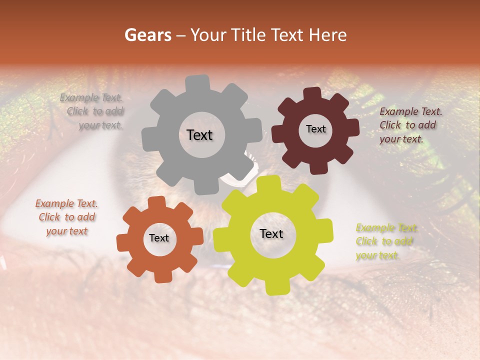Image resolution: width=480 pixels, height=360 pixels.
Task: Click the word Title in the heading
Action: [247, 35]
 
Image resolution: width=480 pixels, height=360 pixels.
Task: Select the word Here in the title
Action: [328, 35]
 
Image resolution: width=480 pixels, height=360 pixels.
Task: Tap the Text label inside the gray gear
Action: [199, 135]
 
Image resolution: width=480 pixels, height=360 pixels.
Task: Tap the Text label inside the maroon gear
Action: [315, 129]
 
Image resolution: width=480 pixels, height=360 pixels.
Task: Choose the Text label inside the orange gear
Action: [159, 238]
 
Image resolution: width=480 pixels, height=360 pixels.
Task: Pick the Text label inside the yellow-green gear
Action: [271, 233]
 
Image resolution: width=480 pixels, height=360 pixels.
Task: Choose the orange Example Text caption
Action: [66, 217]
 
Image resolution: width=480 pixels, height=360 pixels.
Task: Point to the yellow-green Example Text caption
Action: [386, 241]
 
